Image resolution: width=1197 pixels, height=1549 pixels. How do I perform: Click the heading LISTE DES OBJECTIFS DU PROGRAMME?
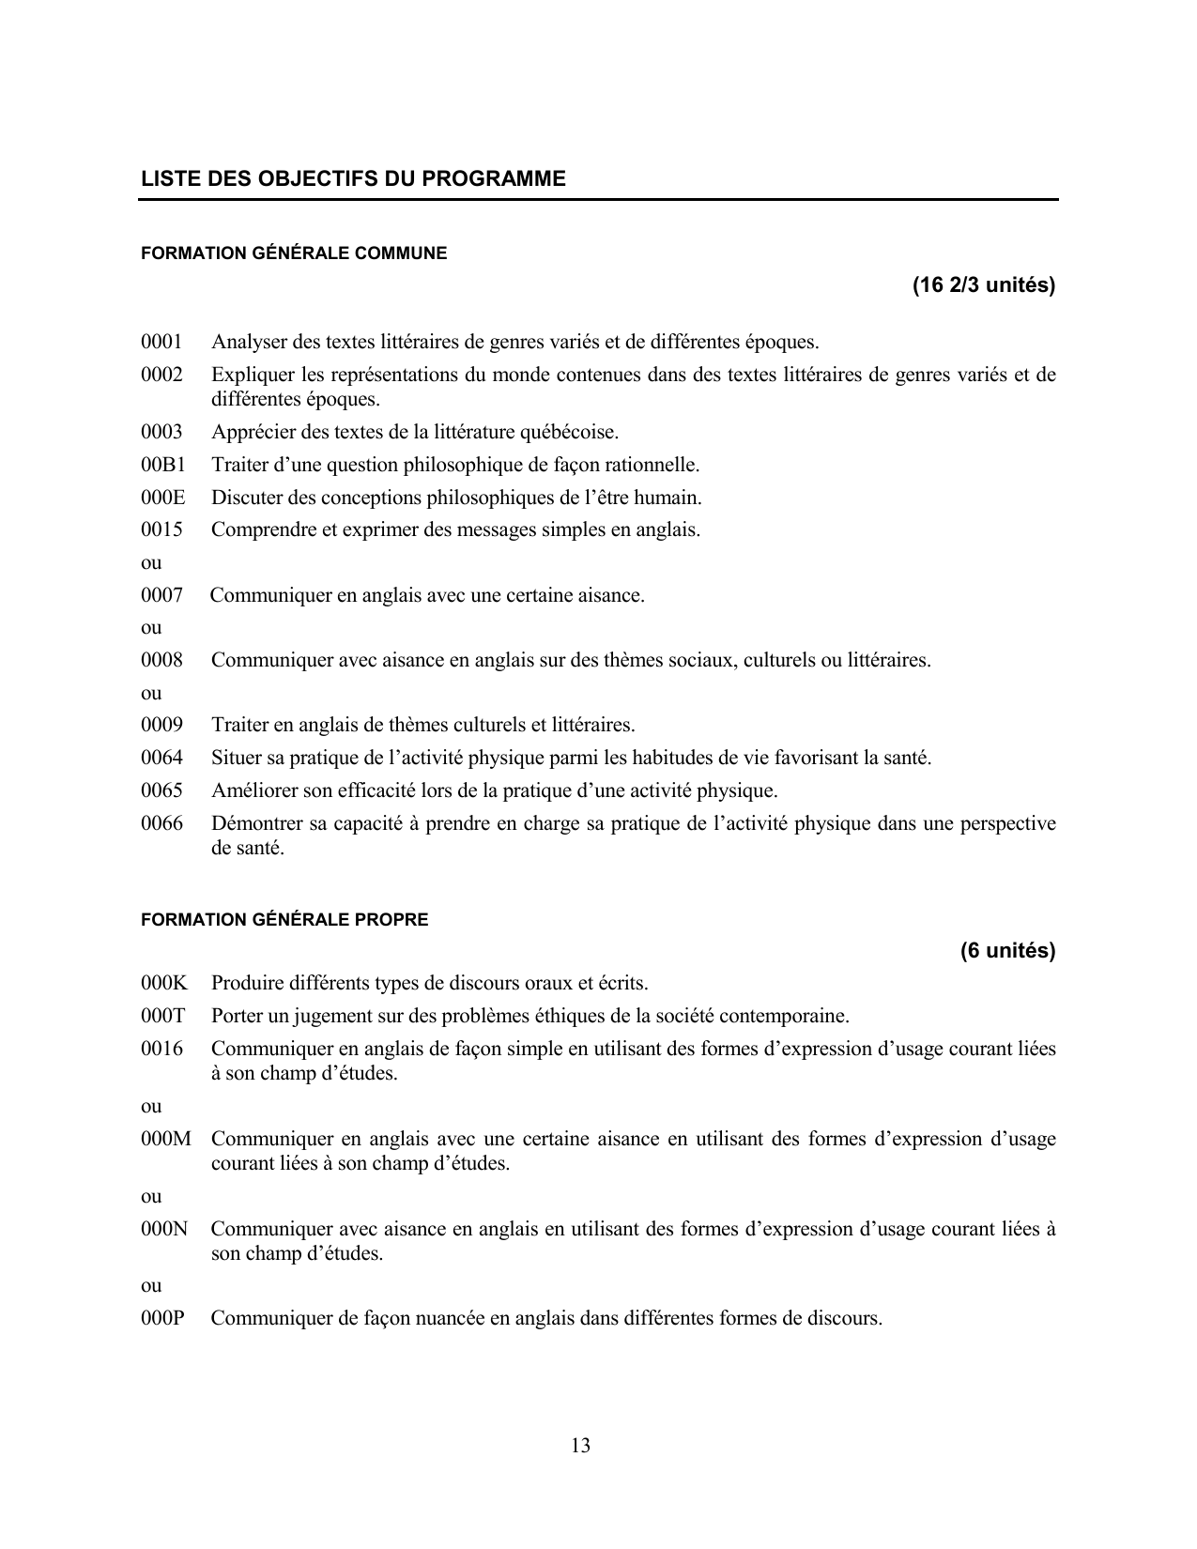click(x=353, y=178)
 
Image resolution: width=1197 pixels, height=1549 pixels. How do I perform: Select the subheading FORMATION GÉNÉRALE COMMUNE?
click(x=294, y=253)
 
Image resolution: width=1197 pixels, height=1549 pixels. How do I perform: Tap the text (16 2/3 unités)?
click(x=983, y=285)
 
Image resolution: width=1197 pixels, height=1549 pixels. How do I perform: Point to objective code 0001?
click(x=161, y=342)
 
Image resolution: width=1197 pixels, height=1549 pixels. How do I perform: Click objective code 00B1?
click(x=163, y=465)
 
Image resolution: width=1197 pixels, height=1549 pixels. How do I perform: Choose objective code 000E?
click(x=163, y=498)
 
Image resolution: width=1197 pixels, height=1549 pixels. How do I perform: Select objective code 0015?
click(x=161, y=529)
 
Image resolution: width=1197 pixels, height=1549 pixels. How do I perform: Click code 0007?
click(x=161, y=595)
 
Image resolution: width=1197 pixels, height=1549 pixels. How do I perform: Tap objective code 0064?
click(x=161, y=758)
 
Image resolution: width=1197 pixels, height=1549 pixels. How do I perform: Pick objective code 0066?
click(x=161, y=824)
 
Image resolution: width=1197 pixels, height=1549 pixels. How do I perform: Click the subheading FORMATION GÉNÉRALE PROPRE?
click(x=284, y=920)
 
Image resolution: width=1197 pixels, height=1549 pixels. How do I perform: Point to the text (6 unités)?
click(x=1007, y=951)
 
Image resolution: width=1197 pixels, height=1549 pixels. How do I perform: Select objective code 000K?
click(x=164, y=984)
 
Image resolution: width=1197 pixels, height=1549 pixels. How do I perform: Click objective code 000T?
click(x=163, y=1016)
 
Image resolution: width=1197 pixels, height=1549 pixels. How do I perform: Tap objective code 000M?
click(x=165, y=1140)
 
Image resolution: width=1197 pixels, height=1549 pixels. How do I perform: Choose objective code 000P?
click(x=162, y=1318)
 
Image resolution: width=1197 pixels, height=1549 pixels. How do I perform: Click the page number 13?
click(x=580, y=1446)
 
